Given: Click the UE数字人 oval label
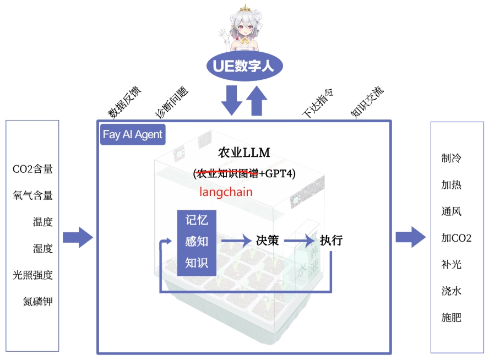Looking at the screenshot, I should click(244, 67).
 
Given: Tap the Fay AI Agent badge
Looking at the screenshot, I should click(133, 134).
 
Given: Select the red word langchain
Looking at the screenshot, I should click(226, 192).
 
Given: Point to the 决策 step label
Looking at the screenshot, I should click(267, 241).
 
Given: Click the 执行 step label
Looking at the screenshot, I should click(331, 241).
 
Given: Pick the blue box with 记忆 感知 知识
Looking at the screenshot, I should click(197, 242).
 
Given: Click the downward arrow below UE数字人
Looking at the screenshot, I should click(231, 100).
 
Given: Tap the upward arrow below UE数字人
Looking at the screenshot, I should click(256, 100).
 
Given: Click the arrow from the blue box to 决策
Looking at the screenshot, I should click(236, 241).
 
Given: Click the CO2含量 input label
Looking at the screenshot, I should click(33, 169).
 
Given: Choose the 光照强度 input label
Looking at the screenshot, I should click(33, 275).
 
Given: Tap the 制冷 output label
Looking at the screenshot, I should click(451, 159).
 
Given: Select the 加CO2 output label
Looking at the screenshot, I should click(456, 238).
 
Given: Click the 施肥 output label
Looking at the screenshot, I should click(451, 318).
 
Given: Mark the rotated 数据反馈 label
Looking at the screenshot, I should click(124, 102).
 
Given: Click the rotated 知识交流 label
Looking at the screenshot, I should click(367, 101).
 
